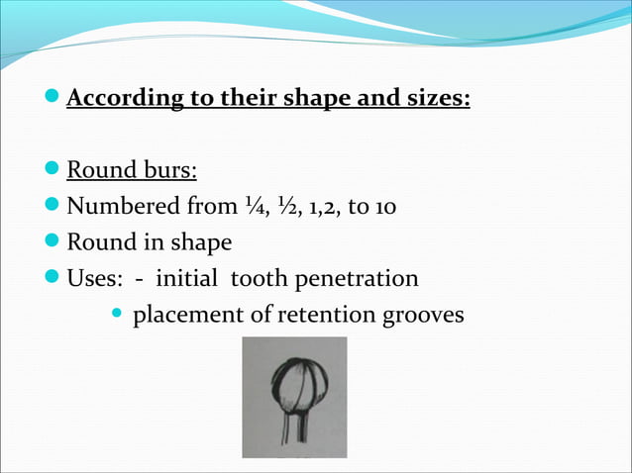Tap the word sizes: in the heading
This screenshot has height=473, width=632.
coord(433,100)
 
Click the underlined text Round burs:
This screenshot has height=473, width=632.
coord(132,171)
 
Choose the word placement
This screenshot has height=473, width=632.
coord(188,316)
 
